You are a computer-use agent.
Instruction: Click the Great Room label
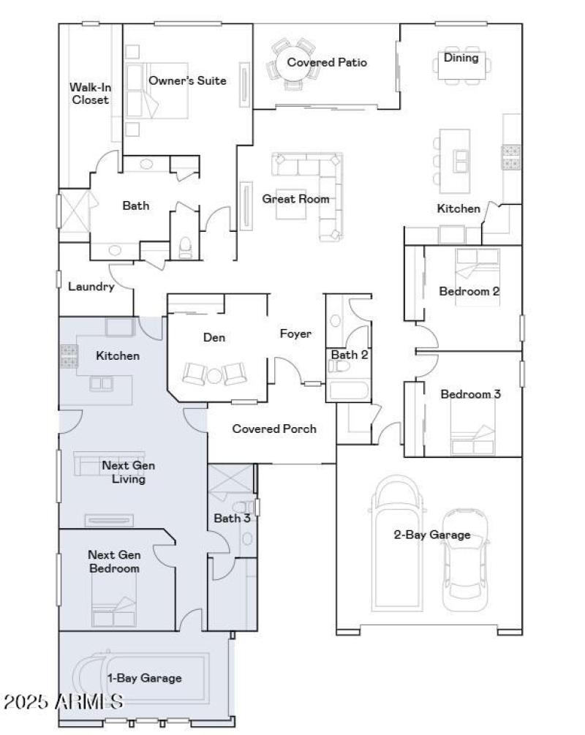coord(295,198)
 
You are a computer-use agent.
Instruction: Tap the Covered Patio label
coord(326,62)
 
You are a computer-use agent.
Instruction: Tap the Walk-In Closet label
coord(89,93)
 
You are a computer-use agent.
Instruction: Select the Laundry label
coord(91,287)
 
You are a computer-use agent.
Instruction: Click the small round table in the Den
coord(214,375)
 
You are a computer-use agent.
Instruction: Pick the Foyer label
coord(295,333)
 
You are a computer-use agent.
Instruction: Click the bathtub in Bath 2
coord(349,388)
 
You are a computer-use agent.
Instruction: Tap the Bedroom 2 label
coord(469,291)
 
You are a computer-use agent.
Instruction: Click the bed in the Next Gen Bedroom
coord(114,611)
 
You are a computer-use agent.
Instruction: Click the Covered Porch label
coord(274,429)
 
